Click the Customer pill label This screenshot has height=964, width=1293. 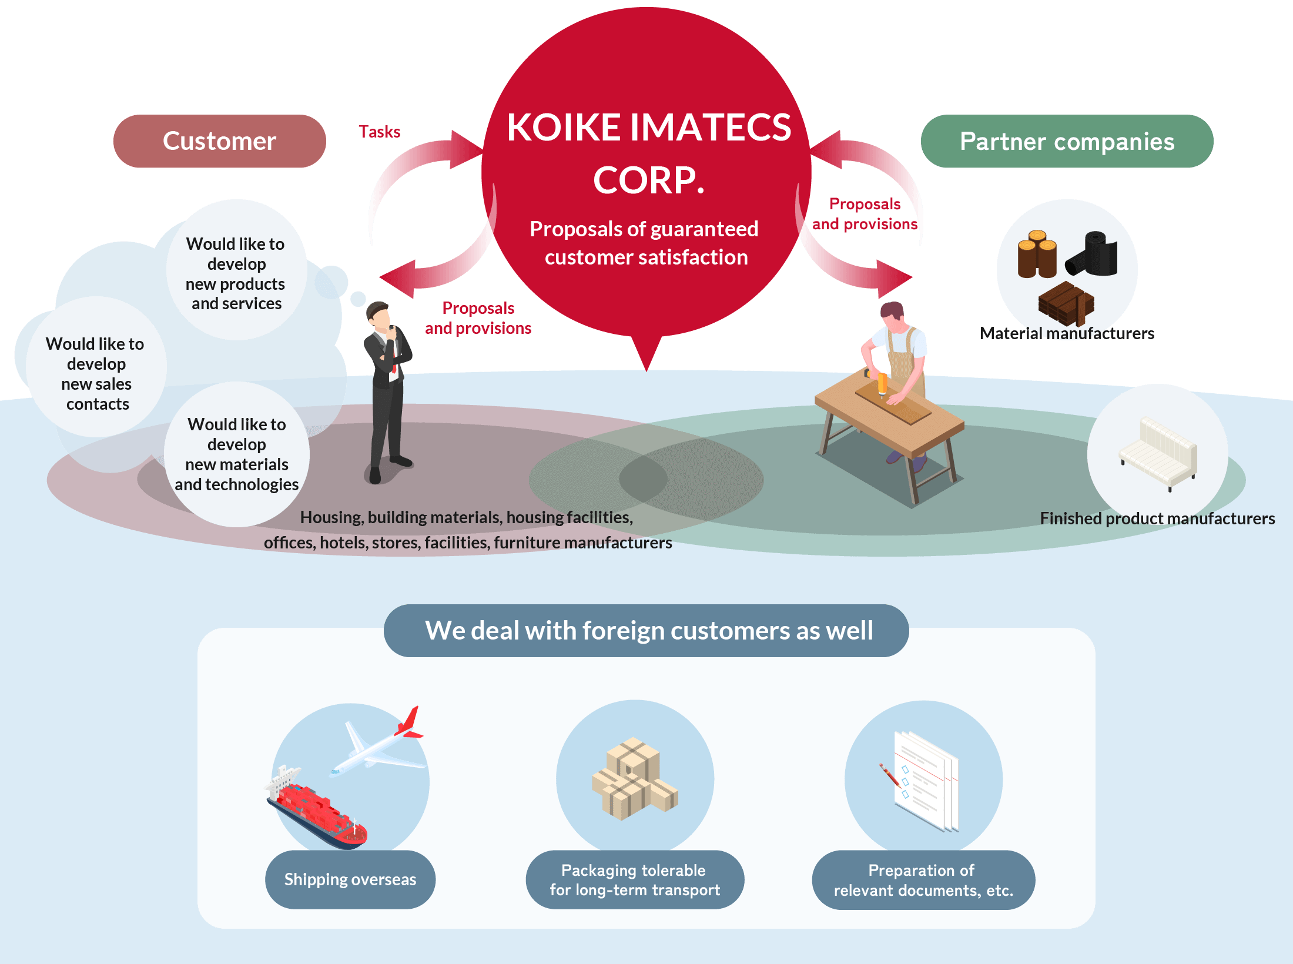[219, 141]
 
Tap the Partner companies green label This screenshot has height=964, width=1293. [1067, 141]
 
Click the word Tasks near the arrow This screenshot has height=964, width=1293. [380, 132]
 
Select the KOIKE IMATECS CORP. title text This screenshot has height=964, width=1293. [648, 153]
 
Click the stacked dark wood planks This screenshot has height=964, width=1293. [1065, 303]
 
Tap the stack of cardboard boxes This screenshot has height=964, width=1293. [634, 779]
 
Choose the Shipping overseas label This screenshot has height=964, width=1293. [350, 879]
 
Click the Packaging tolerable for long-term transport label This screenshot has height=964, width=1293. [635, 880]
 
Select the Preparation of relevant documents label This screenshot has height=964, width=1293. [923, 880]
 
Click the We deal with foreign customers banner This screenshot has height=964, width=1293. [646, 631]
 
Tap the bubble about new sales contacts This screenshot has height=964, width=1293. [96, 373]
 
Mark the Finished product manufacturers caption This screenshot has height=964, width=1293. [1157, 518]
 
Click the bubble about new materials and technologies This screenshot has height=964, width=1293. [237, 454]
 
